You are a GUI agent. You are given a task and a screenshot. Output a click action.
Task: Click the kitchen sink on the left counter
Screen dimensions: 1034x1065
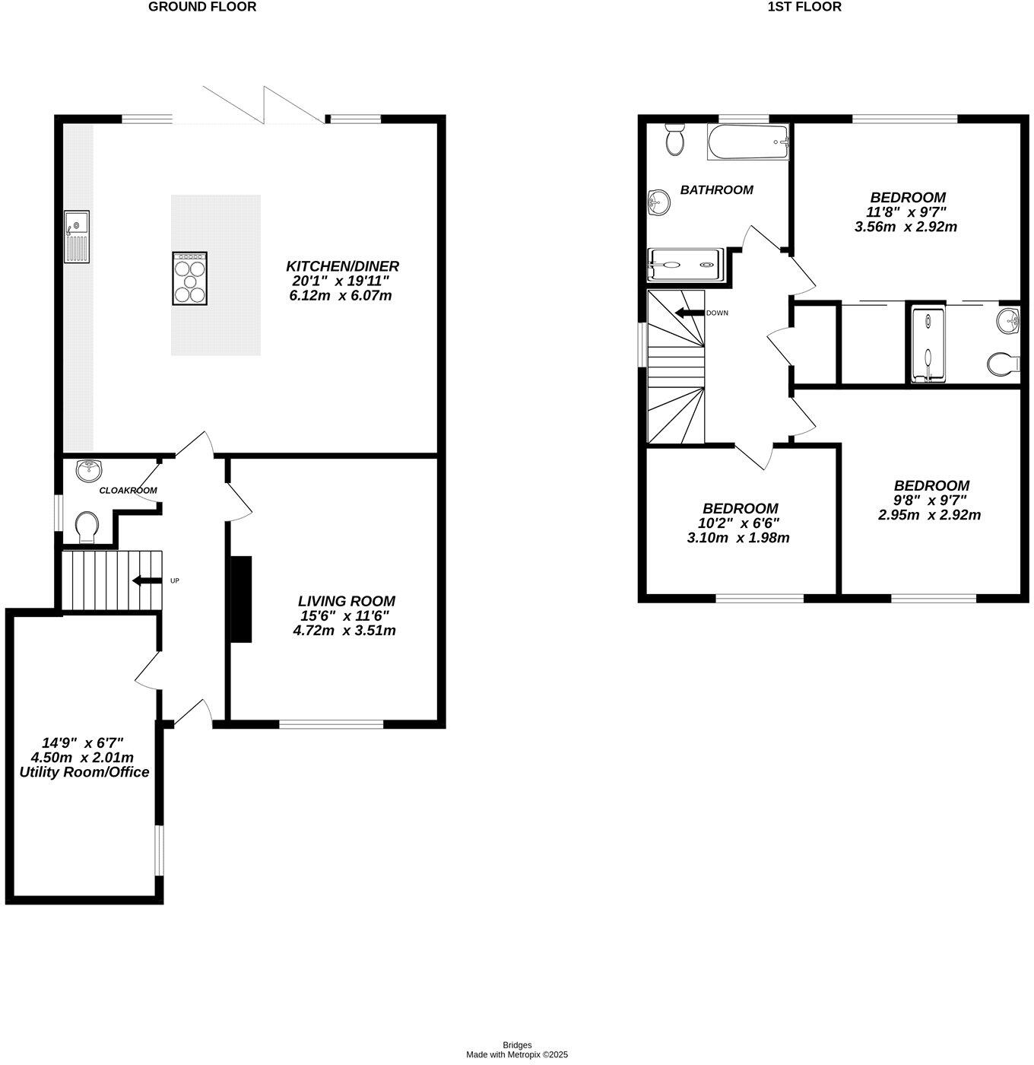(77, 237)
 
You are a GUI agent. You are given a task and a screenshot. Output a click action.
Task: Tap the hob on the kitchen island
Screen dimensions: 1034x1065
(189, 278)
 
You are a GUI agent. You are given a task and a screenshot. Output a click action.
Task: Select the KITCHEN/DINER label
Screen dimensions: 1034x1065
(342, 266)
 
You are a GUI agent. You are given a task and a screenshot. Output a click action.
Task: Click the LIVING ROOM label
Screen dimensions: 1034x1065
(346, 601)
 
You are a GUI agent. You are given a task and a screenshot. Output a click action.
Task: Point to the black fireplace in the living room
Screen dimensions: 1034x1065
(241, 599)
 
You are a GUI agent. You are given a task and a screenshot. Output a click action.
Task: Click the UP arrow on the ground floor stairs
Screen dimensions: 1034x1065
(147, 580)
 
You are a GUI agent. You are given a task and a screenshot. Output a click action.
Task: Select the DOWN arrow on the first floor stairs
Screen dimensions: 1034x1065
(689, 313)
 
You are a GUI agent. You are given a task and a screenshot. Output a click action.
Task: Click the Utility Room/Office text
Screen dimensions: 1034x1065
(84, 772)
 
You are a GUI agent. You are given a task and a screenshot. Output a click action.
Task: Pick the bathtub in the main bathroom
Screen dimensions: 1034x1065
(748, 141)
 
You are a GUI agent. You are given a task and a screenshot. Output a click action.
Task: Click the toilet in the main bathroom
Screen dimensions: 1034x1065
(675, 139)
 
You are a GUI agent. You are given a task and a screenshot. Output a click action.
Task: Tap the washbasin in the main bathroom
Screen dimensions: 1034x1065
(659, 204)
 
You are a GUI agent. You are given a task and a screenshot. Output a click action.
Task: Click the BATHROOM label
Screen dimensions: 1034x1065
(717, 190)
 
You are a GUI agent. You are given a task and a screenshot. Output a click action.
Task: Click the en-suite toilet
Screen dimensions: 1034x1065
(1004, 364)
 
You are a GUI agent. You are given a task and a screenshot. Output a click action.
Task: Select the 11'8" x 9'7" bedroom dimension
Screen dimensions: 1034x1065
(906, 211)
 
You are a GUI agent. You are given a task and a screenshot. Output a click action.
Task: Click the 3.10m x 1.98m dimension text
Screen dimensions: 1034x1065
(738, 538)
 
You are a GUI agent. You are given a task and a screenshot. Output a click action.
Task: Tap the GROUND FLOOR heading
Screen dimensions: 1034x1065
(202, 7)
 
